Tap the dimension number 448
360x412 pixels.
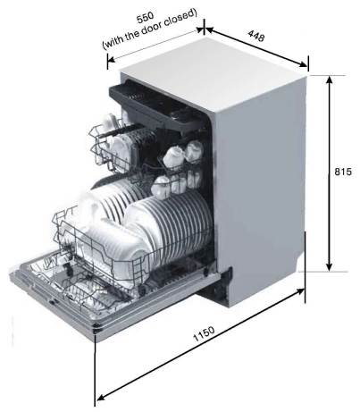tap(256, 36)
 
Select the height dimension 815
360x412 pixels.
tap(343, 172)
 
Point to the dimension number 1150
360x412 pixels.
tap(204, 334)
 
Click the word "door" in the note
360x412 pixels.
tap(151, 28)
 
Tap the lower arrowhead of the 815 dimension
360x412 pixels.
tap(329, 266)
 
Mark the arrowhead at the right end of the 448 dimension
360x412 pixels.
tap(303, 63)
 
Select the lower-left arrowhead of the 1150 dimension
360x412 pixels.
tap(101, 397)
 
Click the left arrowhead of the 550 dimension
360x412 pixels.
tap(111, 59)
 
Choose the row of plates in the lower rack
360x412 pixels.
tap(170, 221)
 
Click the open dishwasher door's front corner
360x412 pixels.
tap(96, 330)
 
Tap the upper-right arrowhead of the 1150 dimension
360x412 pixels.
tap(300, 292)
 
